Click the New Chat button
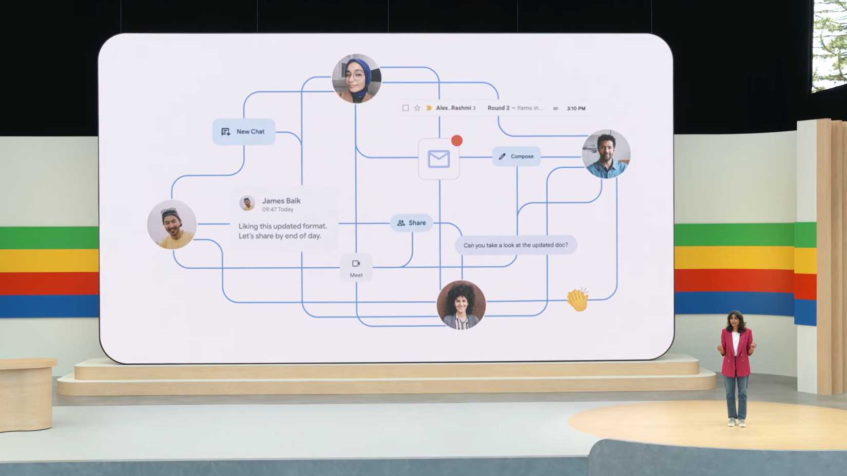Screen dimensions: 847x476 [x=244, y=131]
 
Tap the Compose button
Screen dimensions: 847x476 [x=516, y=156]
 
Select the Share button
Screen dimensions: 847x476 [x=411, y=223]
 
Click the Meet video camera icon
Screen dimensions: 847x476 [x=356, y=263]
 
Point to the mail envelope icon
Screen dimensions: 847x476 [x=438, y=158]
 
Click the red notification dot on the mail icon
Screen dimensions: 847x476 [x=457, y=141]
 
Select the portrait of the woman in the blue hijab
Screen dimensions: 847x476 [x=356, y=78]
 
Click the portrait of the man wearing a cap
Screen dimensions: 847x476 [x=171, y=224]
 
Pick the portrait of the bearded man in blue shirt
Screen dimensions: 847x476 [x=606, y=154]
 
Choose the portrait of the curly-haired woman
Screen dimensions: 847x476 [x=461, y=305]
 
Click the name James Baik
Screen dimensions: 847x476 [x=281, y=201]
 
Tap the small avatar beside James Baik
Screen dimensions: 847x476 [x=247, y=203]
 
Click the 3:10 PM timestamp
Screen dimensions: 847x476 [x=576, y=108]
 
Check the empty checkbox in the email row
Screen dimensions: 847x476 [x=406, y=108]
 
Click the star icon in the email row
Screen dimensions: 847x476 [x=417, y=108]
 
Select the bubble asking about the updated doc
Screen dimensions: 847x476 [x=516, y=245]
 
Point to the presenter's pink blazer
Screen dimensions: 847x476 [x=736, y=352]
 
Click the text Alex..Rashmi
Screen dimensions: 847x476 [x=453, y=108]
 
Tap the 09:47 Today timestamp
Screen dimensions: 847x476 [x=278, y=209]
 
